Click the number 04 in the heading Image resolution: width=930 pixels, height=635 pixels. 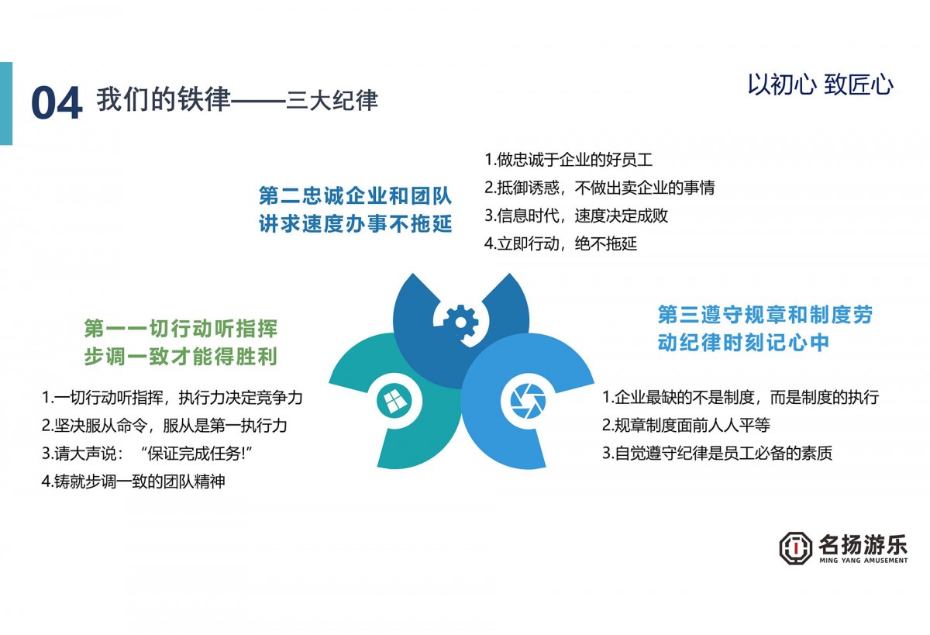[x=57, y=102]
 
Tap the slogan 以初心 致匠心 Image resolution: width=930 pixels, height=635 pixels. [x=821, y=85]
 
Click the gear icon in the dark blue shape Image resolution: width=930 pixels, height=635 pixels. [x=460, y=322]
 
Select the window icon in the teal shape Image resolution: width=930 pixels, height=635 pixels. [x=394, y=401]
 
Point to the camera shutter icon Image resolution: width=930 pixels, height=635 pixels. [x=528, y=401]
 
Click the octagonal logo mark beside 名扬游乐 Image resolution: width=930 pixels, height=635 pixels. [x=795, y=548]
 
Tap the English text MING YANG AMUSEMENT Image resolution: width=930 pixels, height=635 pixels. [x=863, y=561]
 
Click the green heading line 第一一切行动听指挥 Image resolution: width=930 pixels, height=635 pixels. [x=181, y=329]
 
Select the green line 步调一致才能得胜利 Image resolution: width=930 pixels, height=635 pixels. [x=181, y=357]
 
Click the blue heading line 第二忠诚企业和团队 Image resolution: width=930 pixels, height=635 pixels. [x=356, y=195]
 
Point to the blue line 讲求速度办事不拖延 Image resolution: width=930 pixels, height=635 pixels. [x=356, y=224]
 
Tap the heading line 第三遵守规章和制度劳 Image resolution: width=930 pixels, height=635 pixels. [x=765, y=314]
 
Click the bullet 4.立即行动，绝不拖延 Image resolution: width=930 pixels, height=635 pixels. [x=560, y=243]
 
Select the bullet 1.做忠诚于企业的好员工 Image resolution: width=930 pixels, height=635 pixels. [x=568, y=160]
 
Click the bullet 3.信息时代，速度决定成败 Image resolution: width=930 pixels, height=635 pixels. [x=577, y=216]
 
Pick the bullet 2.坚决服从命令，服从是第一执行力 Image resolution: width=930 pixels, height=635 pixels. [x=164, y=425]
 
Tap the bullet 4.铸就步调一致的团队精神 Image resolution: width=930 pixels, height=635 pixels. [x=133, y=481]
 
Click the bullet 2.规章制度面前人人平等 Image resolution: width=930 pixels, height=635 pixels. [x=686, y=425]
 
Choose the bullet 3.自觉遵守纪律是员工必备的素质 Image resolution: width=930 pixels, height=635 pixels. [x=717, y=453]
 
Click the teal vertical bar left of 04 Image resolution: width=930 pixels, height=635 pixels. [x=6, y=103]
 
